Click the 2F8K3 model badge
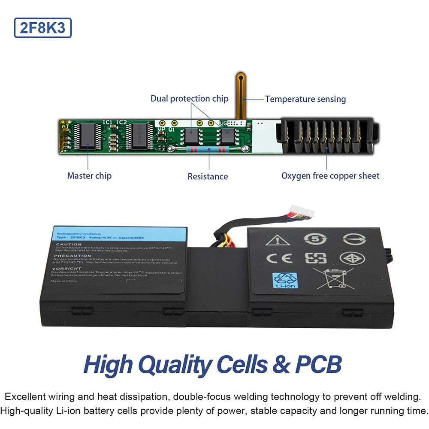pyautogui.click(x=43, y=27)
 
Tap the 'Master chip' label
pyautogui.click(x=89, y=175)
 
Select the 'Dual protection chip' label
pyautogui.click(x=189, y=99)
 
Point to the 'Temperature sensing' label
pyautogui.click(x=305, y=99)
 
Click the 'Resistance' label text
pyautogui.click(x=208, y=176)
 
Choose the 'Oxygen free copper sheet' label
pyautogui.click(x=330, y=175)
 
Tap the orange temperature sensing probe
pyautogui.click(x=241, y=94)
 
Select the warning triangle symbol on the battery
pyautogui.click(x=278, y=239)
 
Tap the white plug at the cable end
pyautogui.click(x=302, y=212)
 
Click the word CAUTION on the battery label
pyautogui.click(x=69, y=245)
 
